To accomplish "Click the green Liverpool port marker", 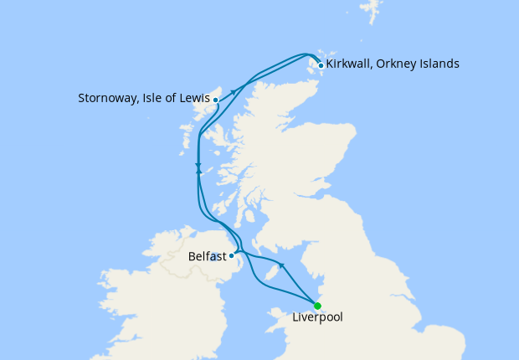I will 317,306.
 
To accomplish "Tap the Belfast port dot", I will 232,255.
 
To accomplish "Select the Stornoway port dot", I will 216,100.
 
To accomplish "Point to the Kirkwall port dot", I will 321,65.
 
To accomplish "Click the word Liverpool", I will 317,318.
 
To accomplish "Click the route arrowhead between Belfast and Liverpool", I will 282,266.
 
